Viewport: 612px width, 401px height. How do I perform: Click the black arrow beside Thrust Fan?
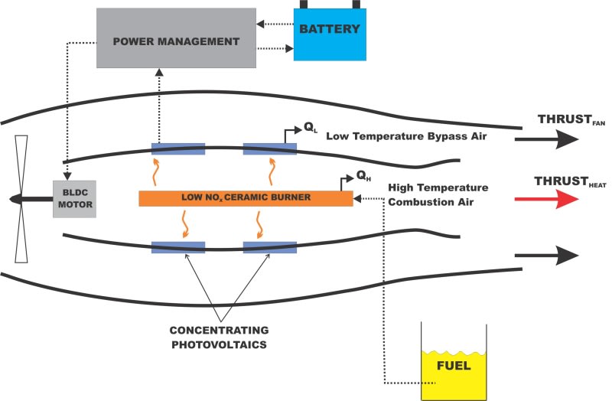[546, 139]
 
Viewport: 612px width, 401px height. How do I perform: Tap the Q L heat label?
[309, 129]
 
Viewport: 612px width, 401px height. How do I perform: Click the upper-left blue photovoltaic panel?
[177, 148]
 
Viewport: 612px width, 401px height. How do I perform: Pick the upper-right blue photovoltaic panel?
[269, 148]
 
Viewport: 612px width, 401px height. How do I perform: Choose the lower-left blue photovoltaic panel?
[177, 246]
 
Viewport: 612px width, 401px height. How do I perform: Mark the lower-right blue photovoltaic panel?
[269, 246]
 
